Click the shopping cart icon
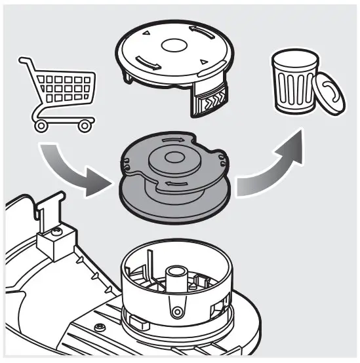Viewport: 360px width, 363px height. [x=60, y=95]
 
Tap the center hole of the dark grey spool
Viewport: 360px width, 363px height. [x=174, y=158]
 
